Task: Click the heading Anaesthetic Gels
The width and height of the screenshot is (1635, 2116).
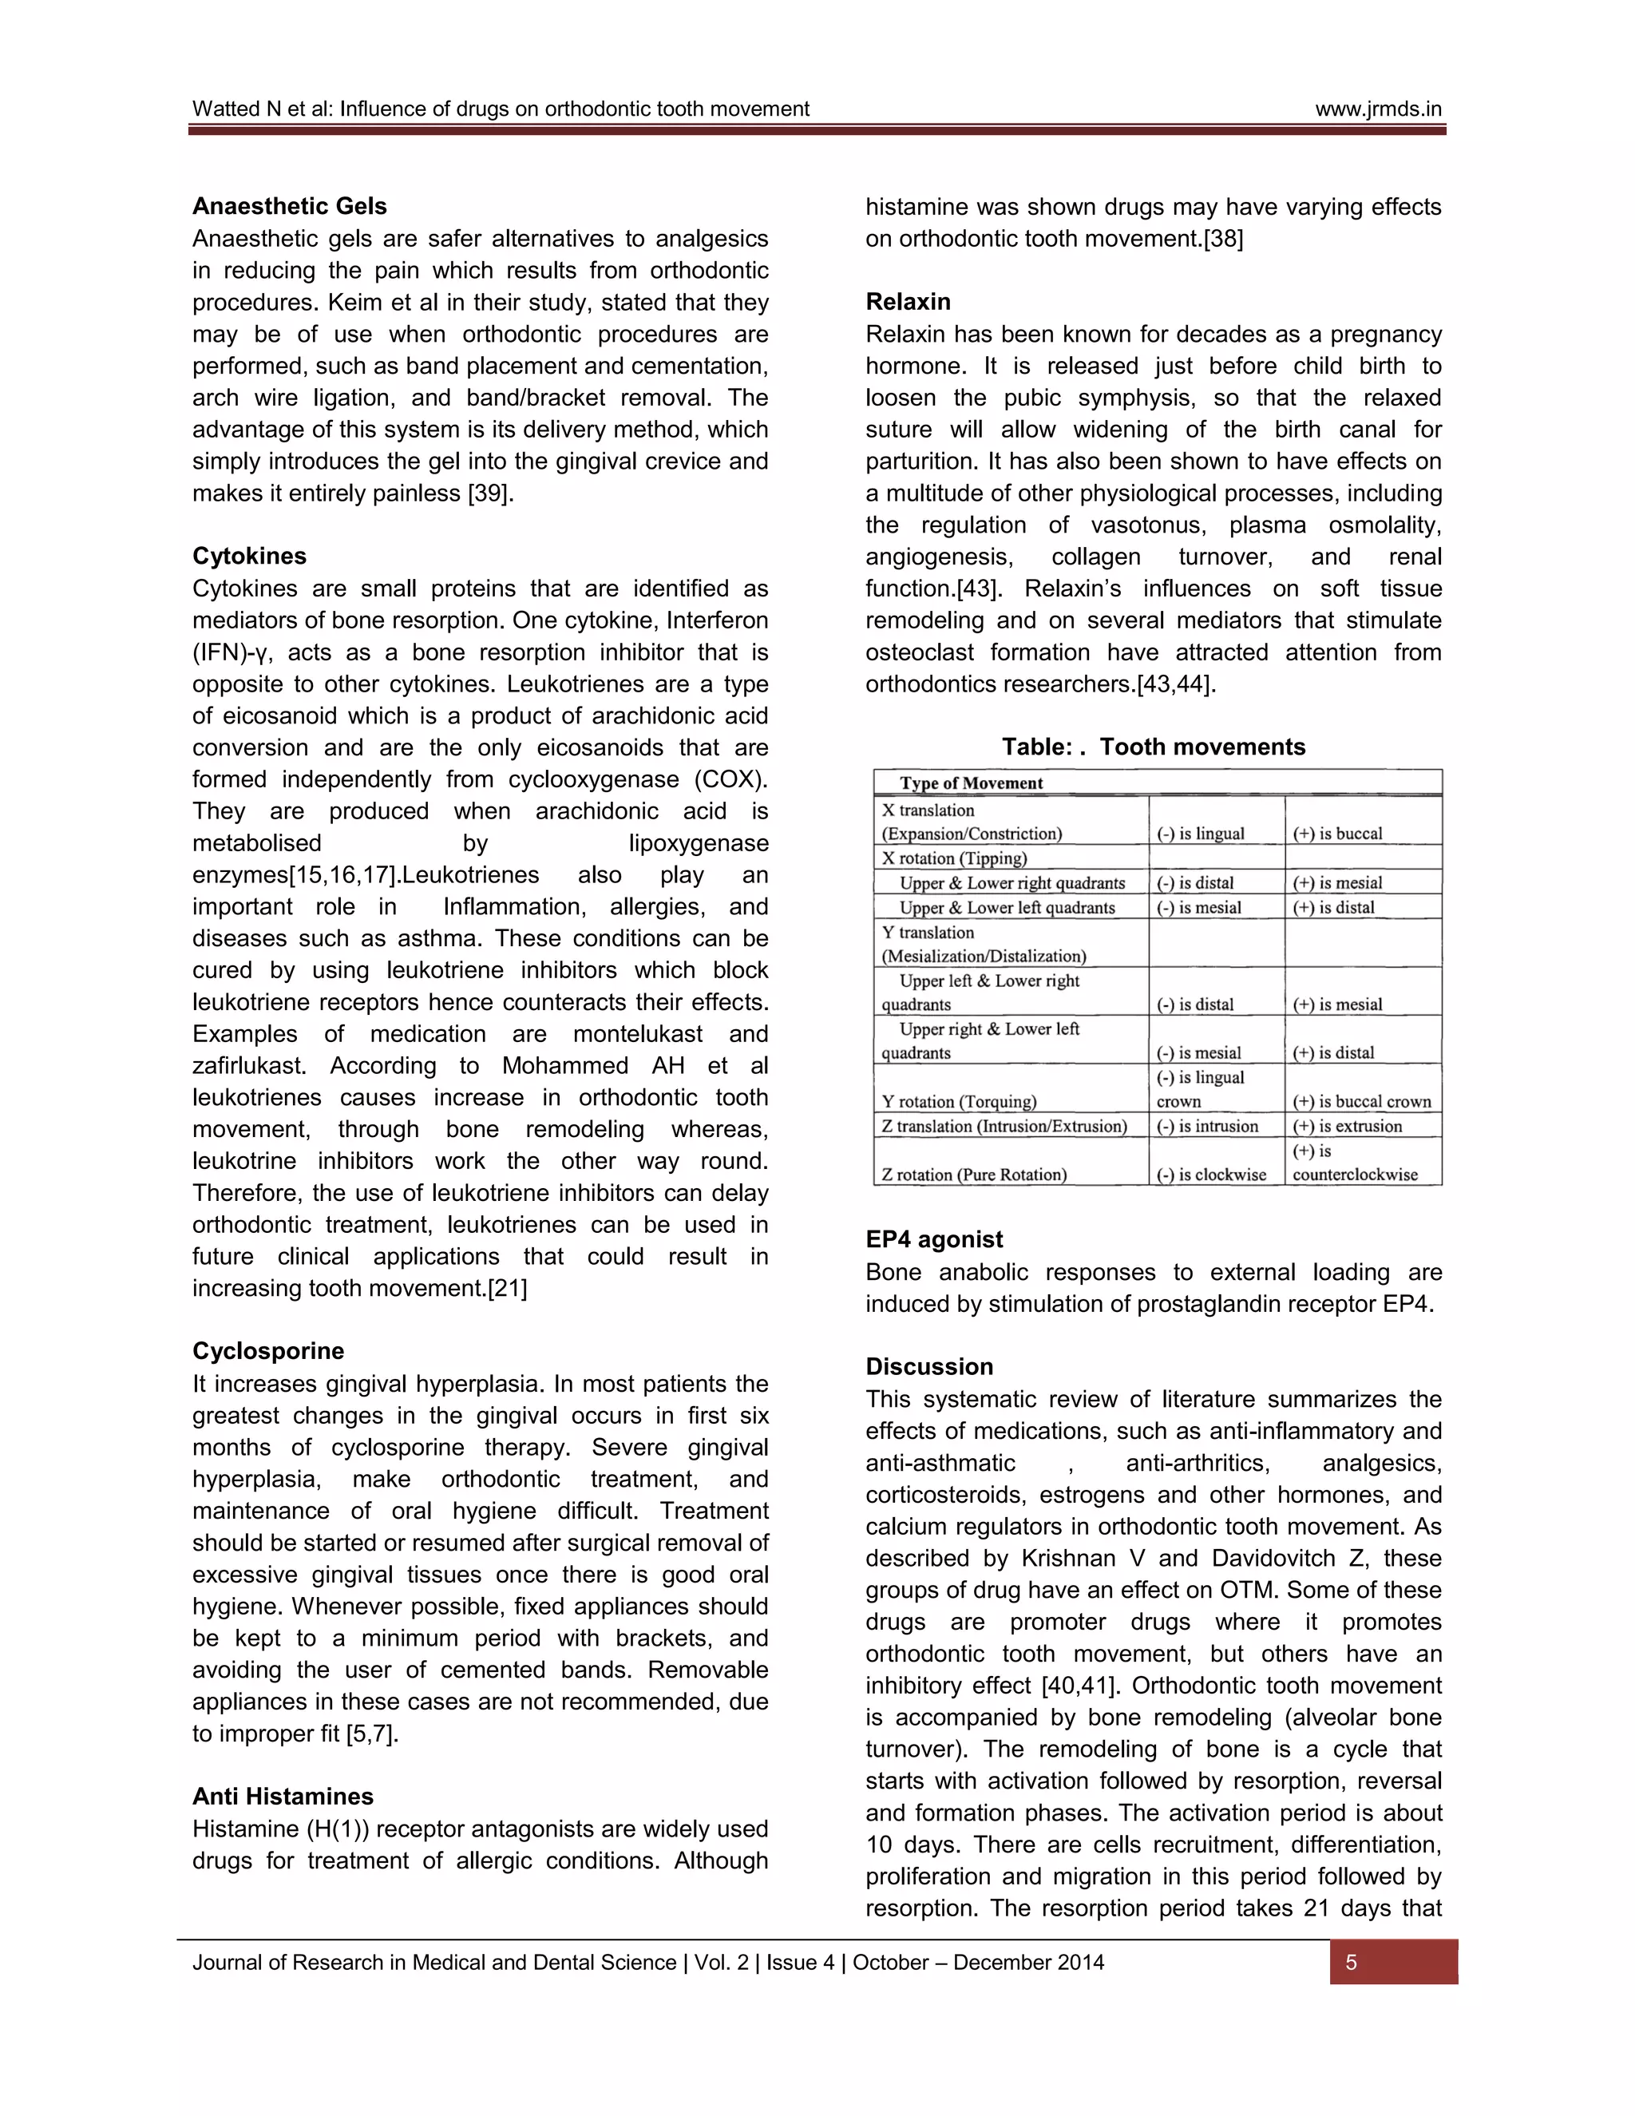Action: tap(289, 206)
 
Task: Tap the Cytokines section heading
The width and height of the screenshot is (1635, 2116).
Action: tap(249, 556)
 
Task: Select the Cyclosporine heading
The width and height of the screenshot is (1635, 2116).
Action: tap(267, 1352)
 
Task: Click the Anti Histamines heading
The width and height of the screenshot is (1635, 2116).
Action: tap(282, 1797)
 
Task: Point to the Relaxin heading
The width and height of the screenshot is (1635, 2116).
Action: tap(908, 301)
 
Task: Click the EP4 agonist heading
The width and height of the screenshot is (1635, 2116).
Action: tap(934, 1239)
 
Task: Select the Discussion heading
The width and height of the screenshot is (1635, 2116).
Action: tap(929, 1367)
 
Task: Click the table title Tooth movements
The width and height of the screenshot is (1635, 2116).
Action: tap(1153, 747)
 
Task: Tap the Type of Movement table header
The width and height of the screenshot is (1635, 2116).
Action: tap(971, 783)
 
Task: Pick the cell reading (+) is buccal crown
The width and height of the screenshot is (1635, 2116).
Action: tap(1361, 1102)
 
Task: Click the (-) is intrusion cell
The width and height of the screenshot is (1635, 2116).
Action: tap(1207, 1126)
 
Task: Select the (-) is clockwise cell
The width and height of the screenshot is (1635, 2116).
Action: tap(1211, 1175)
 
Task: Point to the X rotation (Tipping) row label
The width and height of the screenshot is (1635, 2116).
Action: tap(953, 858)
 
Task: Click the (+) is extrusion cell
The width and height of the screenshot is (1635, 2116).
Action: tap(1346, 1126)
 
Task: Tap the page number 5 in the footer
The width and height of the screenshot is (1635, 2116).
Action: tap(1352, 1963)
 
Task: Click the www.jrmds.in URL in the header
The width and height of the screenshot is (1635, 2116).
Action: tap(1377, 109)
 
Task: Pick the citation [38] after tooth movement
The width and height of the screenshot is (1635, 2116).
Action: tap(1223, 238)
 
